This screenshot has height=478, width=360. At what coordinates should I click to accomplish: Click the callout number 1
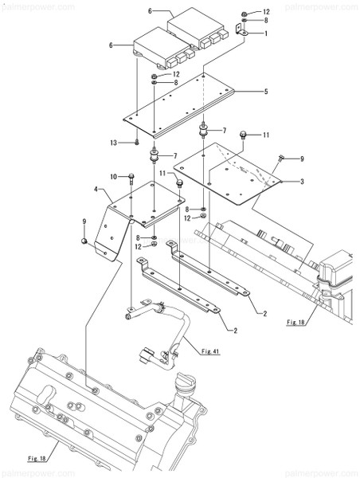(265, 33)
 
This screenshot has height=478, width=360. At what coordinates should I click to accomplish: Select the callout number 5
(265, 92)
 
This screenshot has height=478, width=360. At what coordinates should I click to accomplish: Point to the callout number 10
(114, 176)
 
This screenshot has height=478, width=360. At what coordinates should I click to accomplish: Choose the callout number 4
(96, 191)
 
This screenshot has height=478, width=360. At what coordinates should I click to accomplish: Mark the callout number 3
(302, 182)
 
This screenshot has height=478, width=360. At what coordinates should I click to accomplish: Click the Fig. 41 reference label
(210, 351)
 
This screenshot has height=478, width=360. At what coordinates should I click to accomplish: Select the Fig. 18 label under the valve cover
(38, 459)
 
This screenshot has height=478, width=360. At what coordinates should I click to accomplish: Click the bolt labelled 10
(131, 176)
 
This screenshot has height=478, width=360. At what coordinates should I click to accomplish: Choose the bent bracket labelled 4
(119, 215)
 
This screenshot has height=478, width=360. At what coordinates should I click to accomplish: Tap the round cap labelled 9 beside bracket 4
(84, 240)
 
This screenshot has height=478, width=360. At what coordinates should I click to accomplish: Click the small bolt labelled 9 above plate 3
(282, 159)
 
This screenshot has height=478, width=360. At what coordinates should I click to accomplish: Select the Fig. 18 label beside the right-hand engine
(295, 323)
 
